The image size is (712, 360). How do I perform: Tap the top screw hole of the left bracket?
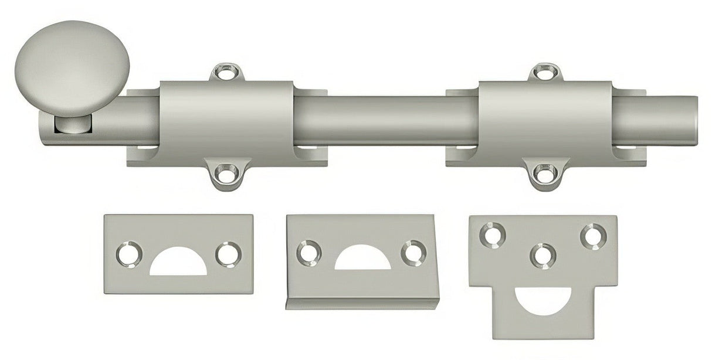pyautogui.click(x=226, y=74)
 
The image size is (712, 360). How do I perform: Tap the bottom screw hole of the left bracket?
pyautogui.click(x=226, y=172)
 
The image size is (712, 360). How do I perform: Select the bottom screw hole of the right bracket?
pyautogui.click(x=545, y=172)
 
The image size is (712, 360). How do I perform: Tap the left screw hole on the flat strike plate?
pyautogui.click(x=129, y=253)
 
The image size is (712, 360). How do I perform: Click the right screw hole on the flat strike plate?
pyautogui.click(x=228, y=254)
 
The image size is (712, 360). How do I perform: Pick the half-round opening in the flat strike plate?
pyautogui.click(x=178, y=263)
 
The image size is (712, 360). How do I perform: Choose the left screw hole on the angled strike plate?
pyautogui.click(x=308, y=252)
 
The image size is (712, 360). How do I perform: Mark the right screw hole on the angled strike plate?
pyautogui.click(x=413, y=252)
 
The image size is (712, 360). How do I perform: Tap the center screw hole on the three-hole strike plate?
pyautogui.click(x=543, y=256)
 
